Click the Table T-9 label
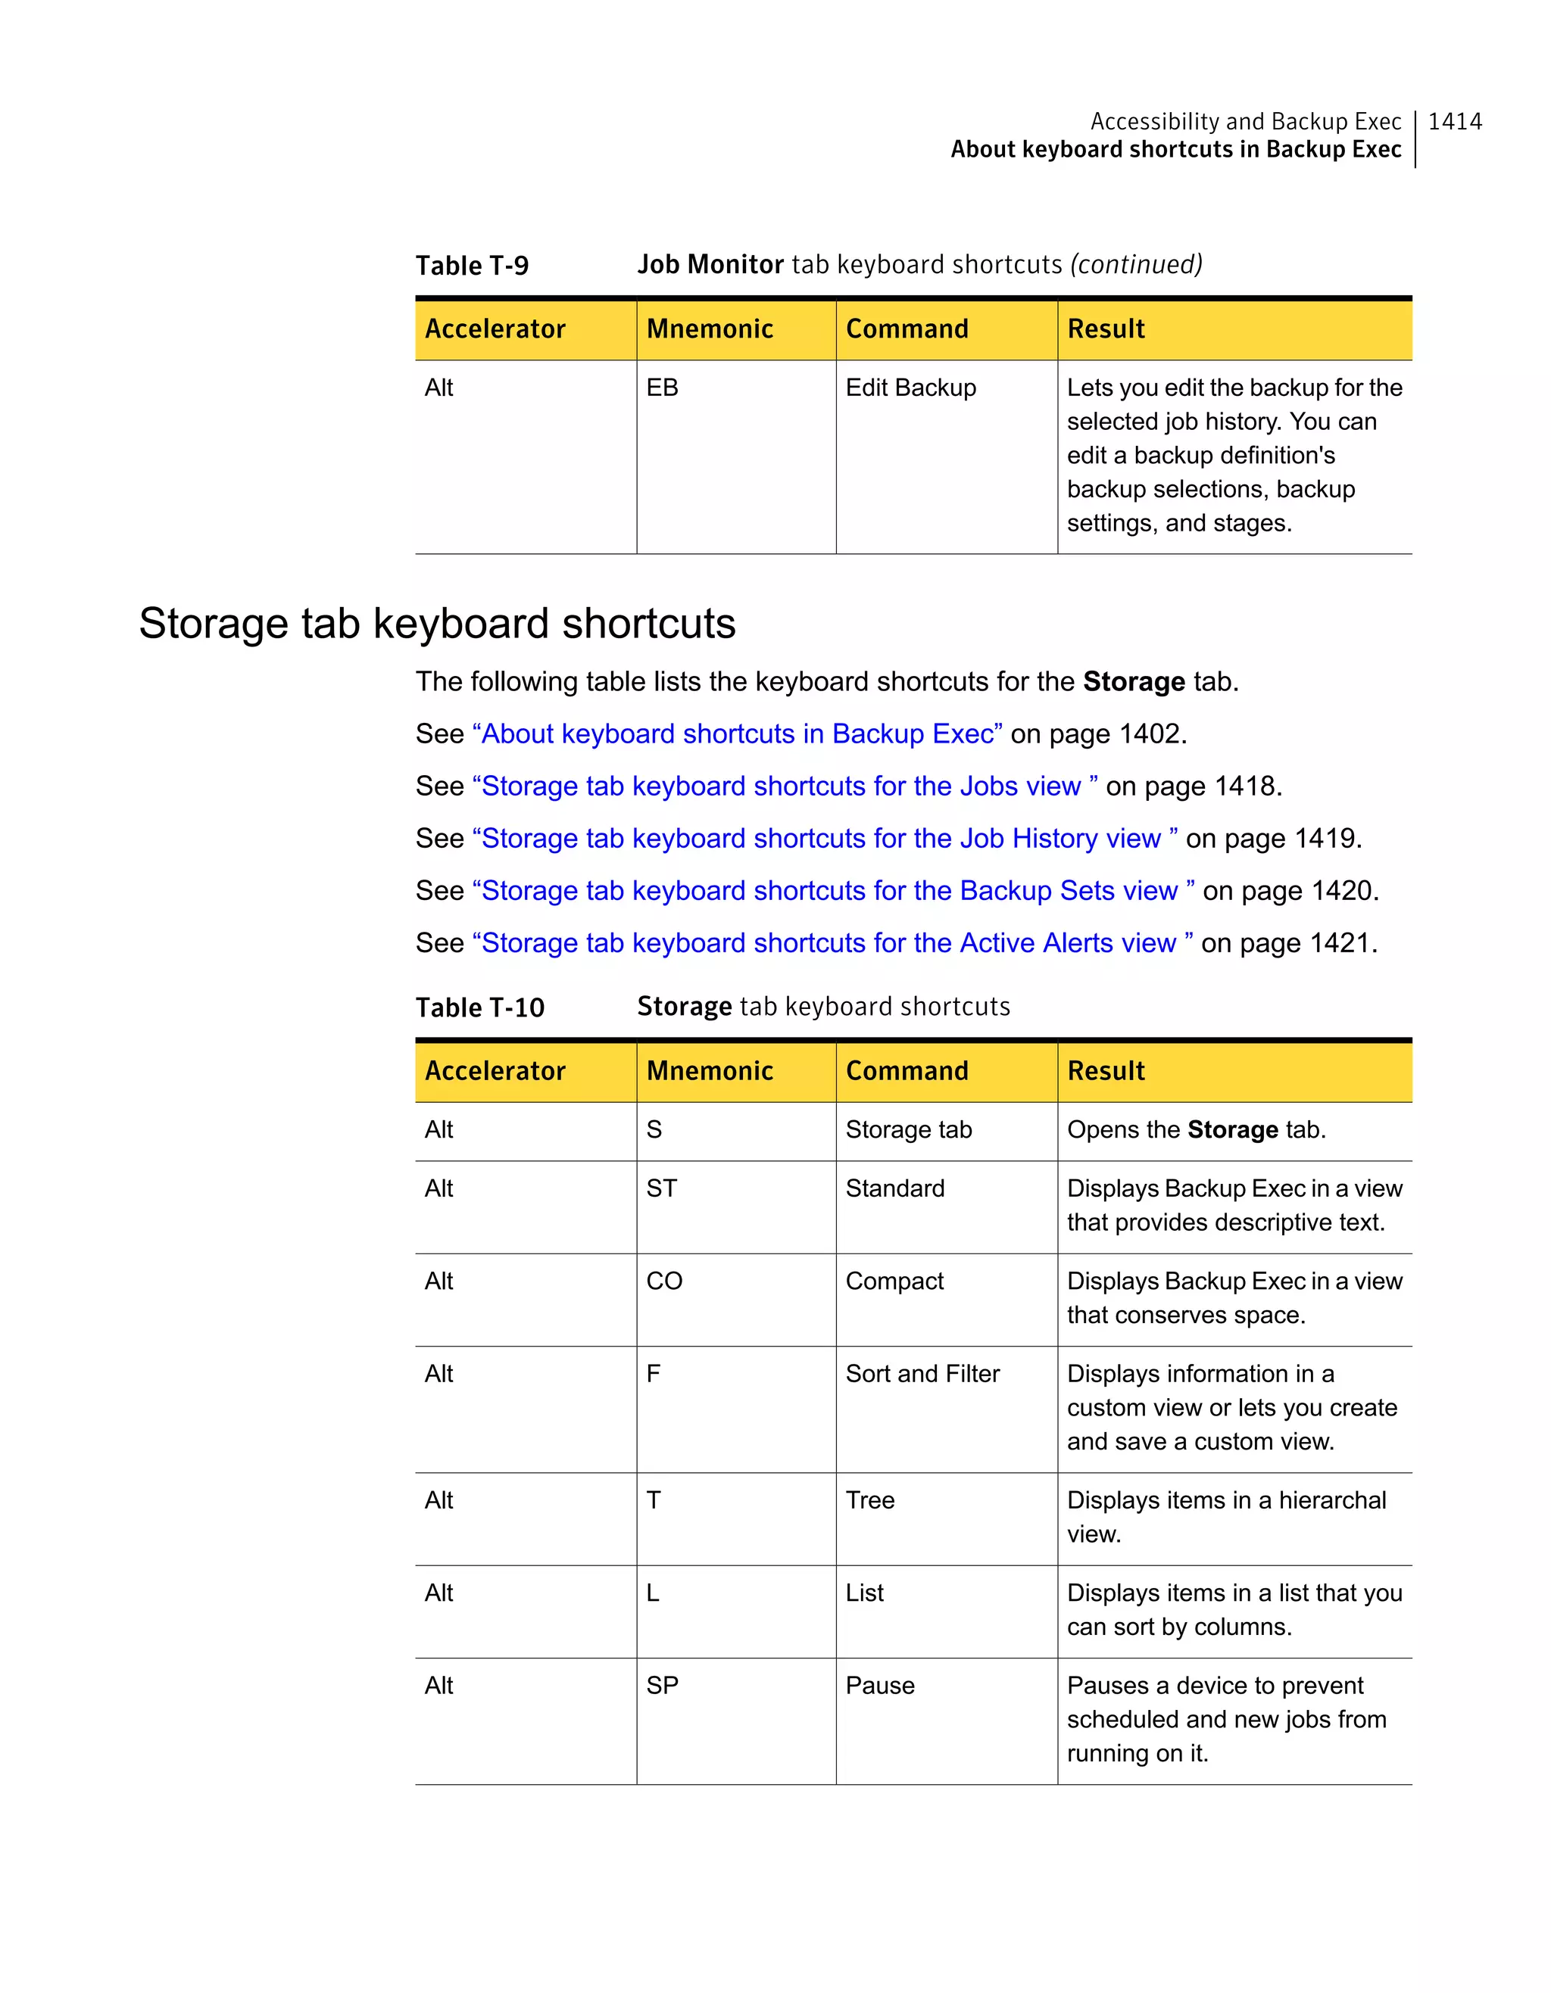coord(472,266)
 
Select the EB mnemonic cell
coord(662,388)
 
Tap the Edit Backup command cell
coord(910,388)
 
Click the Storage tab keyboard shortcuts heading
coord(436,623)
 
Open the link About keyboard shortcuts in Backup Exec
coord(737,733)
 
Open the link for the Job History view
coord(824,838)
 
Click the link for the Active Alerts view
coord(832,942)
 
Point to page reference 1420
coord(1342,891)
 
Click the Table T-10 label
coord(479,1007)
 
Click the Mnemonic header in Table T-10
coord(710,1070)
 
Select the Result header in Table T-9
coord(1106,329)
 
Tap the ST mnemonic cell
coord(661,1188)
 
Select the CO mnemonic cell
coord(663,1281)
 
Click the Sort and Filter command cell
coord(922,1373)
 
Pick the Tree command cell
coord(869,1500)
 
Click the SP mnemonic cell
coord(662,1686)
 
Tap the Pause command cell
coord(879,1686)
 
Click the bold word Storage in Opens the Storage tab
coord(1232,1130)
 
